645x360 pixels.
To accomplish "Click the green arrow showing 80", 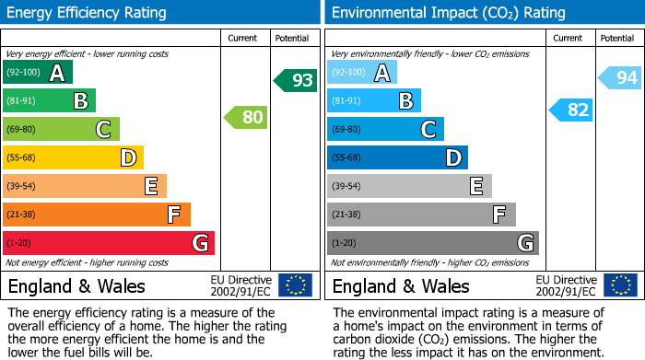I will click(245, 117).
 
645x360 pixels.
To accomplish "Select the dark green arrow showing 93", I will click(295, 80).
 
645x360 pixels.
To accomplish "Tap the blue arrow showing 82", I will click(570, 110).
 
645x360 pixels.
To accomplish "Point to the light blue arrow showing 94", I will click(619, 78).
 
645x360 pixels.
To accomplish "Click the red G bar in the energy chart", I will click(109, 243).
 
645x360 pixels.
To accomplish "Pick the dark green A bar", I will click(38, 73).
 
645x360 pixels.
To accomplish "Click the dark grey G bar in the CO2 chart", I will click(433, 243).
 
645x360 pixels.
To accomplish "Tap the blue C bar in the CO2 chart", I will click(385, 129).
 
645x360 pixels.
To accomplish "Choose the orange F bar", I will click(97, 215).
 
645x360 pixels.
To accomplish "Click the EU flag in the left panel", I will click(295, 285).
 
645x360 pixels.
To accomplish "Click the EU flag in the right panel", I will click(619, 285).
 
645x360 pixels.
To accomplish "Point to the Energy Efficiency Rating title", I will click(88, 13).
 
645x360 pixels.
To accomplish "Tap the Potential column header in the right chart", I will click(617, 38).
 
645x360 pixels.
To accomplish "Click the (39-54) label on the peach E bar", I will click(22, 187).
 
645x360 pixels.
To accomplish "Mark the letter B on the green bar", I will click(80, 101).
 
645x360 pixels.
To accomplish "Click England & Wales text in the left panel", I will click(76, 285).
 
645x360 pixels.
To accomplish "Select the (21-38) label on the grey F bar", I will click(346, 215).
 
